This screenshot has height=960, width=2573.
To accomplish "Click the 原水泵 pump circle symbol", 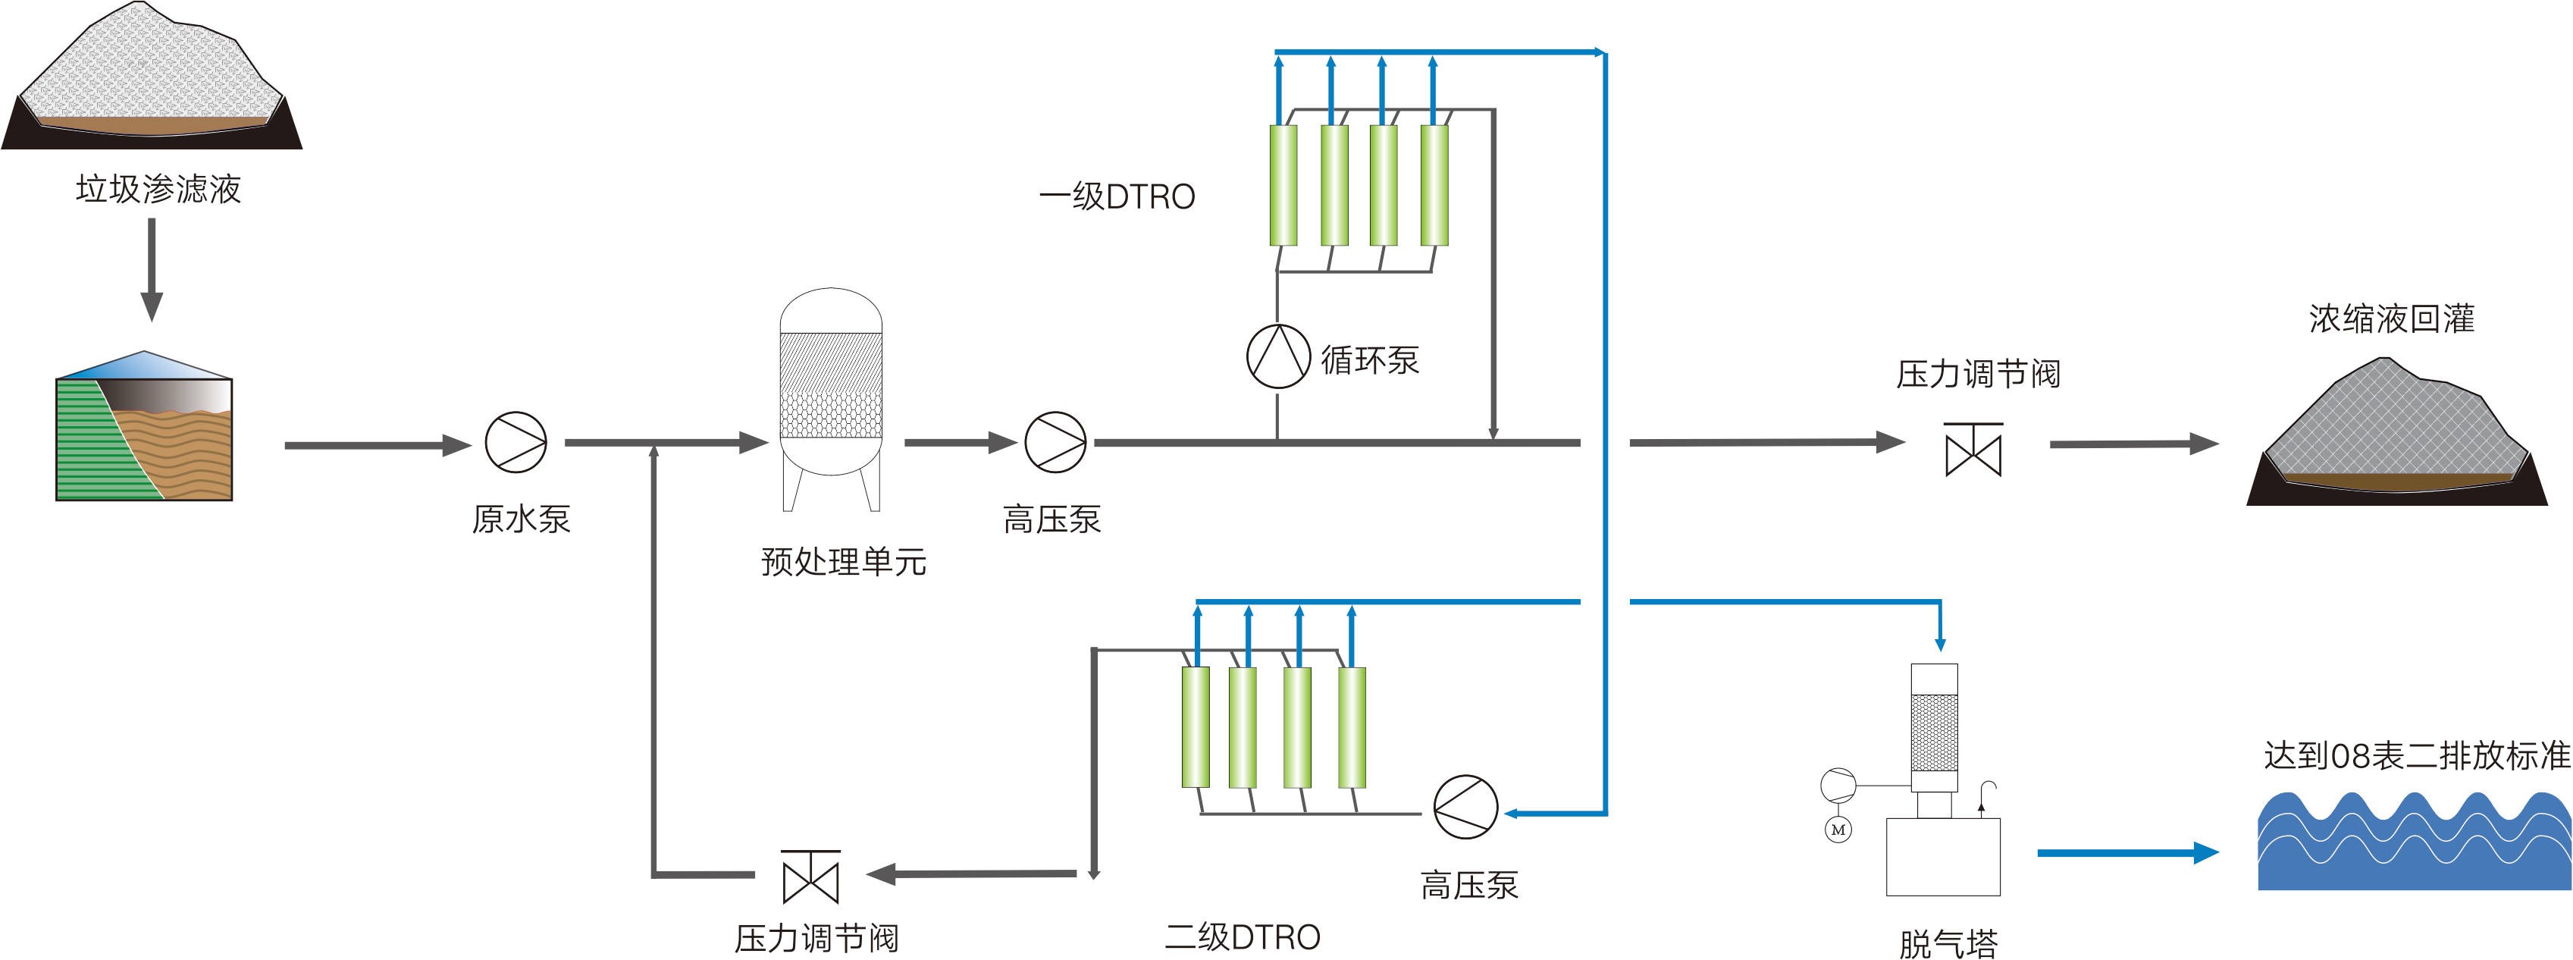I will click(516, 441).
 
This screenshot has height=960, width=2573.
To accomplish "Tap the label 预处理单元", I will click(843, 561).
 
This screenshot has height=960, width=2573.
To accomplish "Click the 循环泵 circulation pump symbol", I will click(1277, 356).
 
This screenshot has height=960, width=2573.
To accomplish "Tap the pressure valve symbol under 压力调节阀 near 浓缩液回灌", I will click(1973, 450).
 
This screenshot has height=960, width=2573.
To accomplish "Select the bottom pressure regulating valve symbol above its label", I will click(811, 877).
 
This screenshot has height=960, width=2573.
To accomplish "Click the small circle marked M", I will click(1838, 829).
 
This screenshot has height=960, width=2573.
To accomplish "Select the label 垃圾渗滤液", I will click(158, 189).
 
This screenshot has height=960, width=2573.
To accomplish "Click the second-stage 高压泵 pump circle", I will click(1465, 807).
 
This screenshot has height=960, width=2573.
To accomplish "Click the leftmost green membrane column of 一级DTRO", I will click(1283, 185).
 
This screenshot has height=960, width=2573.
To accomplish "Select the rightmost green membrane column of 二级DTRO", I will click(1352, 727).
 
